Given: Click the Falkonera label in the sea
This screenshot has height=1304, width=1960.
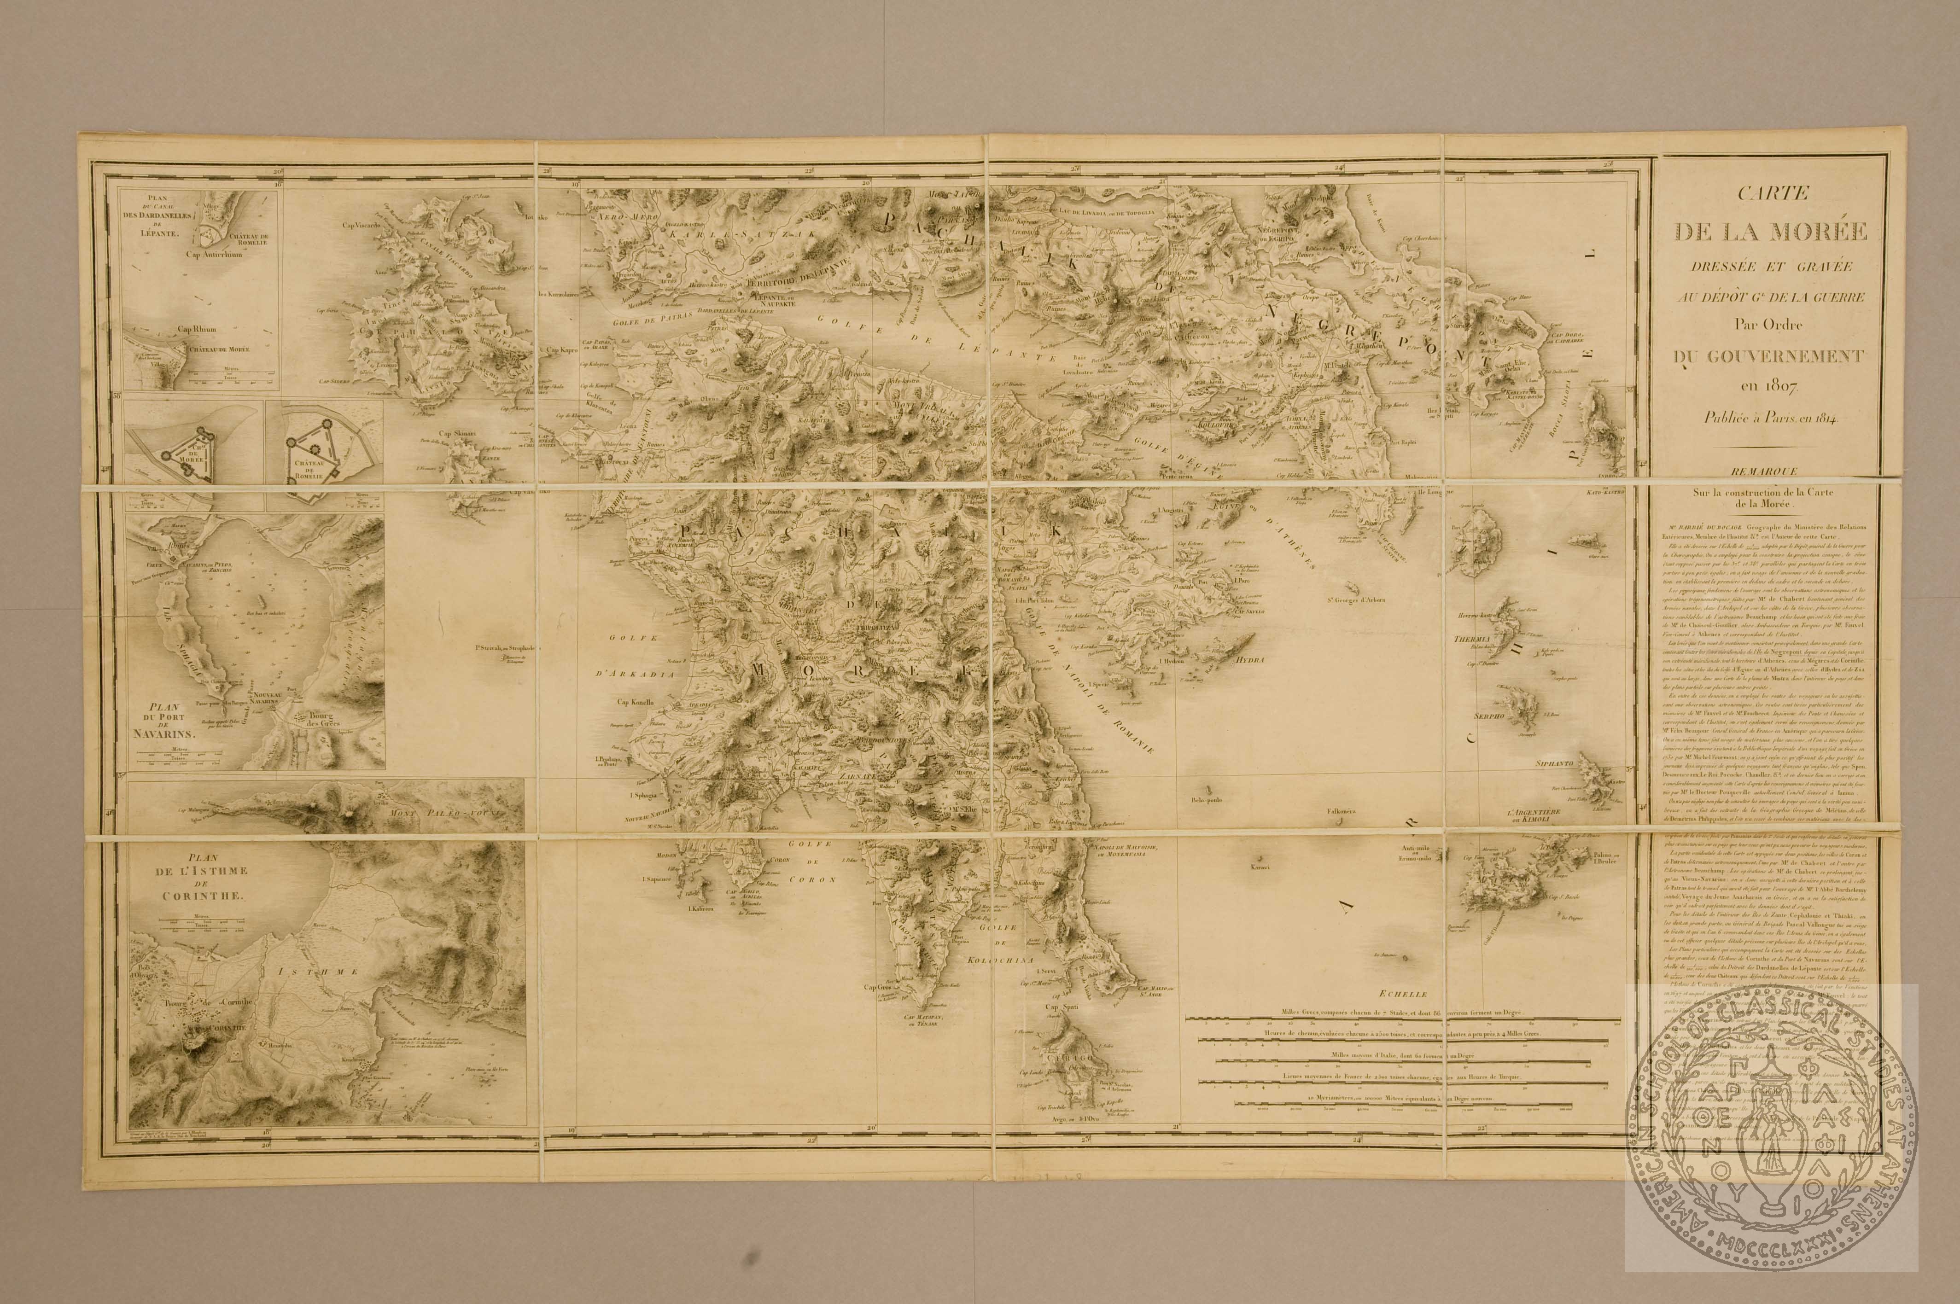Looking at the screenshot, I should (x=1344, y=812).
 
